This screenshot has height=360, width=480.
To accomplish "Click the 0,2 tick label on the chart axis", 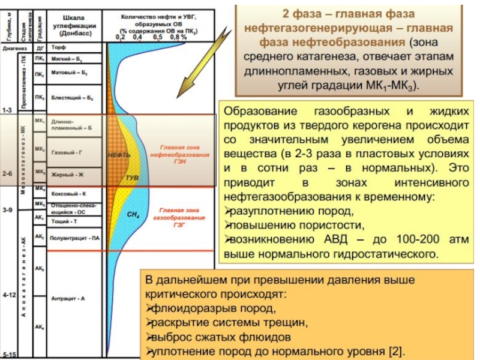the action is (x=120, y=37).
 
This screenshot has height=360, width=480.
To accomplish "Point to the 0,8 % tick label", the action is (x=179, y=37).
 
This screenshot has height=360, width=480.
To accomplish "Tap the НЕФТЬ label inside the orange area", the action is (x=119, y=155).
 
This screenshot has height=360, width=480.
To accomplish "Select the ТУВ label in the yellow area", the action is (x=132, y=178).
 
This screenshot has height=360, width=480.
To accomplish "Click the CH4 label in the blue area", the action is (x=133, y=214).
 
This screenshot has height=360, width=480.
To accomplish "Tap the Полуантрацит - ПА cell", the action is (x=74, y=238).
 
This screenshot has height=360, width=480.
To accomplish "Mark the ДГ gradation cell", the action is (x=40, y=46).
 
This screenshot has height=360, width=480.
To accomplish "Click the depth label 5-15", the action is (x=8, y=354).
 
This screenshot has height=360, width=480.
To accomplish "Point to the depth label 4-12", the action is (x=8, y=295).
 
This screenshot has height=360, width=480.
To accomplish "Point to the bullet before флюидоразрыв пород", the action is (x=149, y=309).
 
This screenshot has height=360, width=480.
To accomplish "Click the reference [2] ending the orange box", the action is (x=396, y=351).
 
